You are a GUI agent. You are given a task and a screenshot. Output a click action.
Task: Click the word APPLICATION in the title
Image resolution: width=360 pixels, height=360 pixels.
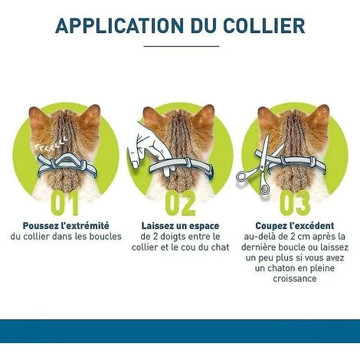point(119,26)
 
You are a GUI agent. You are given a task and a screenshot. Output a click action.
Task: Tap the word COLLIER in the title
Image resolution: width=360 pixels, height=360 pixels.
point(264,26)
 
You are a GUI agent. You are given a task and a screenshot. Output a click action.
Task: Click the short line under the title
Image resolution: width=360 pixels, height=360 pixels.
point(182,46)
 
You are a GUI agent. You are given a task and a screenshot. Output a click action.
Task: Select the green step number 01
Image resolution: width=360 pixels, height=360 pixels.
point(64,203)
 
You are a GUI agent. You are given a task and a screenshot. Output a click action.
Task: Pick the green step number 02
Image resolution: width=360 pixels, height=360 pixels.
point(180,203)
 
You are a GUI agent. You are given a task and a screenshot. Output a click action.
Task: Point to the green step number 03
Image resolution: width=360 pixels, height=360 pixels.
point(295,203)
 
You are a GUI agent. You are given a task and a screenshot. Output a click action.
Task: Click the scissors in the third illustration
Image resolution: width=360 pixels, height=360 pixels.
point(260,166)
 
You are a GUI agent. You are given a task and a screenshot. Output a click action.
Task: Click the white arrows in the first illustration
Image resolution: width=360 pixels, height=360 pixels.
point(51,143)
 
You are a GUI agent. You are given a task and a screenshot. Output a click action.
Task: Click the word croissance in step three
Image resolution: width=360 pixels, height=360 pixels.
point(295,278)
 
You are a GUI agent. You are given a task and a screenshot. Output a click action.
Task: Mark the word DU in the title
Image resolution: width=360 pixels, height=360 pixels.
point(203,26)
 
